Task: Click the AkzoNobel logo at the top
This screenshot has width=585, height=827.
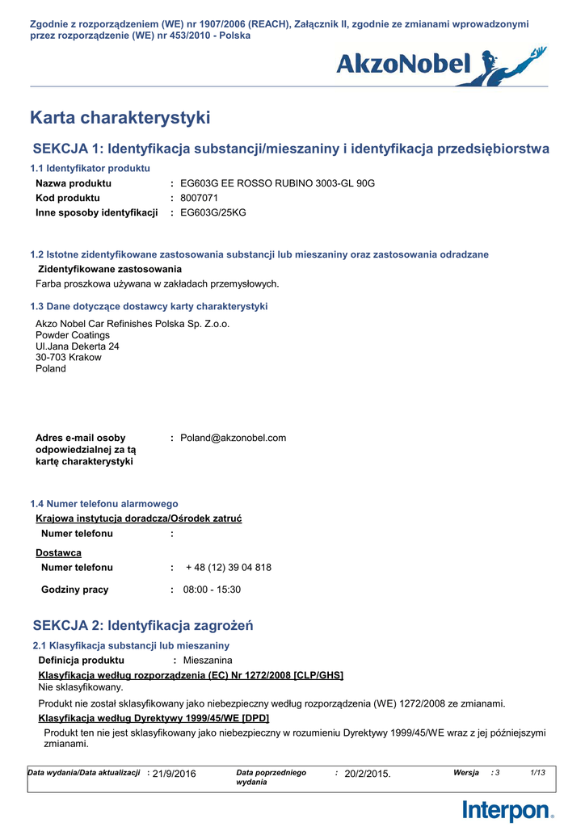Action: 441,64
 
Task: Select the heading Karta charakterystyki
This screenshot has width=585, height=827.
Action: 120,118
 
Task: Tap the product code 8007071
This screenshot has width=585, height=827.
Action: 200,198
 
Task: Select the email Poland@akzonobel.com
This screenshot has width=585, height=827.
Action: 234,438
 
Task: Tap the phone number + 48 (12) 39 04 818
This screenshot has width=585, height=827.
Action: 229,568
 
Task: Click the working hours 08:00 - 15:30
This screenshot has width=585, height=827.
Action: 212,590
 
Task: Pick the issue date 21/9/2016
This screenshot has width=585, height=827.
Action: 175,774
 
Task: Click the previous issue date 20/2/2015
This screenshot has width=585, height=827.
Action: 368,774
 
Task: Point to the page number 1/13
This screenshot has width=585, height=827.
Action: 537,773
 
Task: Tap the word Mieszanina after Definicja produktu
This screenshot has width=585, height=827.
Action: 208,661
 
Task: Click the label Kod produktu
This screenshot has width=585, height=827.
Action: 68,198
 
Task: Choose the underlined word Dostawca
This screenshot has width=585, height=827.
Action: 58,553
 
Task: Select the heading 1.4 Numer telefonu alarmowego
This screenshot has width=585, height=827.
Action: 104,503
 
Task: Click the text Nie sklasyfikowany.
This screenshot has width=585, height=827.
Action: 81,687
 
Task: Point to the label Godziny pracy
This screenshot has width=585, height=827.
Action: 74,590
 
